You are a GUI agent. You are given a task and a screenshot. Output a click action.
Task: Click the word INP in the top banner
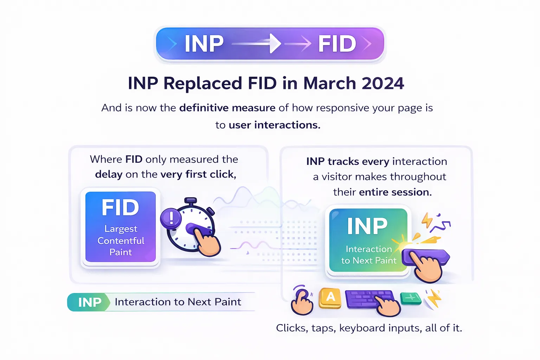click(204, 44)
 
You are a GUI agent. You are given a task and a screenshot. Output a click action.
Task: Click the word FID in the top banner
click(337, 44)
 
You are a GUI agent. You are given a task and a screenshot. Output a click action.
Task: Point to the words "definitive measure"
click(227, 108)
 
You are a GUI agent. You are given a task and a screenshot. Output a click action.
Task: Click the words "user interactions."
click(274, 125)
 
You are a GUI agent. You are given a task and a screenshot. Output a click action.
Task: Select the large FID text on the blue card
click(120, 207)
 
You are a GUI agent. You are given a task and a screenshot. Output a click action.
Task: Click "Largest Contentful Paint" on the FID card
click(121, 240)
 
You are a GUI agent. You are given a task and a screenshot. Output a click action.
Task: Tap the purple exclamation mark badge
click(171, 218)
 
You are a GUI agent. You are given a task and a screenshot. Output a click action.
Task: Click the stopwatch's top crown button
click(191, 201)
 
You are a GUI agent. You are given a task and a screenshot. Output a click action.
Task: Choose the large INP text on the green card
click(367, 226)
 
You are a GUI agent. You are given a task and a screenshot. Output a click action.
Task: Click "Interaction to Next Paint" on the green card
click(368, 255)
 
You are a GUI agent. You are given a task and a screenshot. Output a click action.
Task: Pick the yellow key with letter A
click(330, 298)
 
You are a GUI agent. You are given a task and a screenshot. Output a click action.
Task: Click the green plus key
click(411, 298)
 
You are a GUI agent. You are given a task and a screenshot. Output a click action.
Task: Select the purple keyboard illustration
click(366, 299)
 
